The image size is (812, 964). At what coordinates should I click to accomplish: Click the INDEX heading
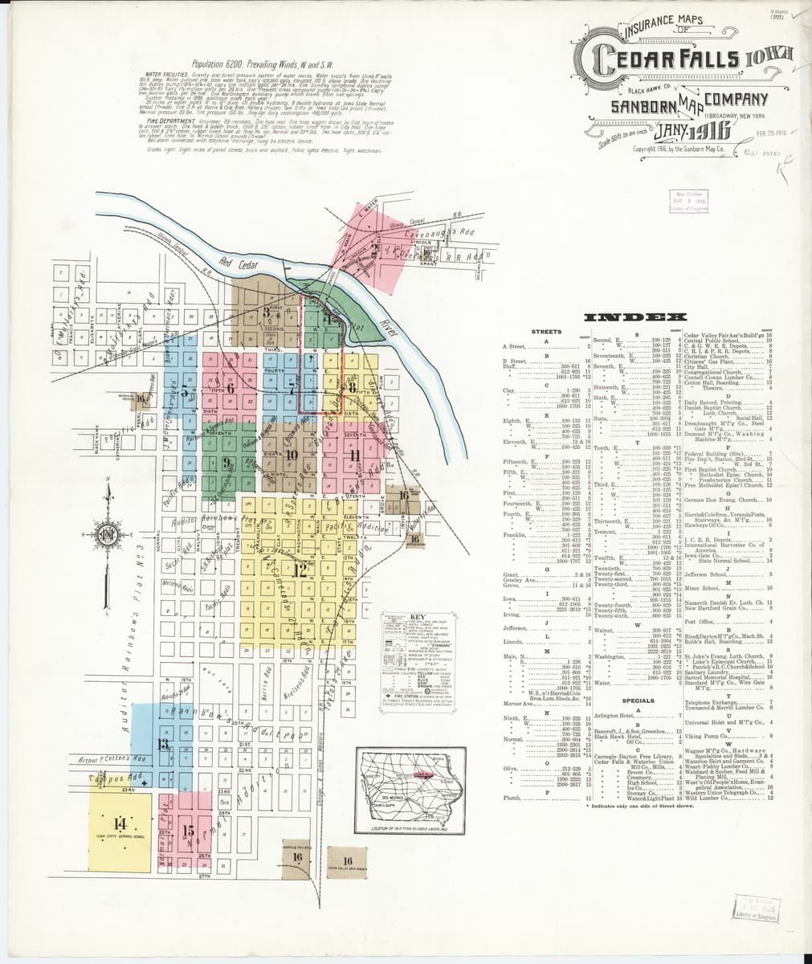[x=637, y=317]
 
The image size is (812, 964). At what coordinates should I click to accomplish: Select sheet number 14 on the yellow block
[x=120, y=823]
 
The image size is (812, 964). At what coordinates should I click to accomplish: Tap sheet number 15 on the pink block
[x=188, y=831]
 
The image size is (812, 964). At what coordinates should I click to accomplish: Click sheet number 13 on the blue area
[x=164, y=744]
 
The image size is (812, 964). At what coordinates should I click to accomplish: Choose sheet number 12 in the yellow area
[x=299, y=571]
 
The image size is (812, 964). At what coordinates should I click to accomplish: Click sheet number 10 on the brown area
[x=291, y=455]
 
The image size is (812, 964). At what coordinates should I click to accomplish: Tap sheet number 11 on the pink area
[x=353, y=455]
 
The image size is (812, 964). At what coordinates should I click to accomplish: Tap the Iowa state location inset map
[x=410, y=787]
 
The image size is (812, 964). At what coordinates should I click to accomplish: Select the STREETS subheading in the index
[x=546, y=332]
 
